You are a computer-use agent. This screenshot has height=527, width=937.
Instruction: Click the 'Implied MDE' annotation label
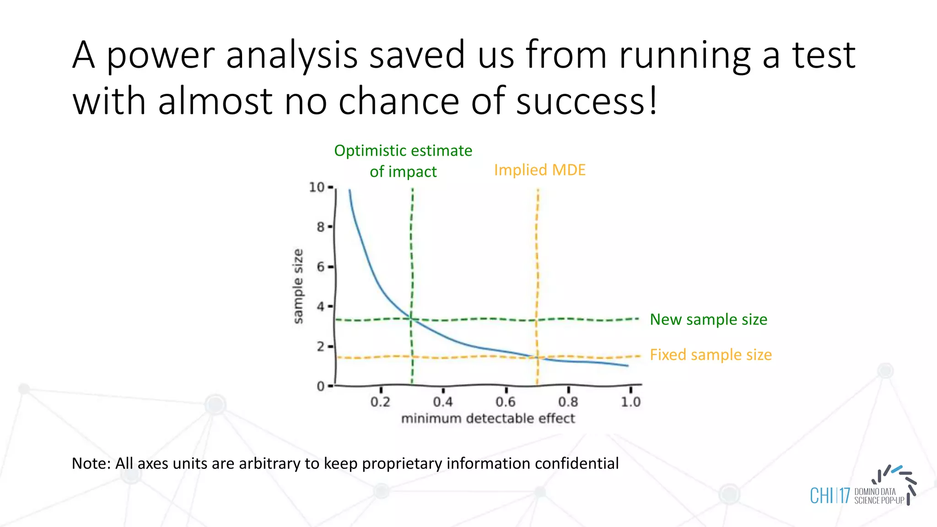coord(539,170)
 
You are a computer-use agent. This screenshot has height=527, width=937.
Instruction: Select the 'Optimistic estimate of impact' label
coord(403,161)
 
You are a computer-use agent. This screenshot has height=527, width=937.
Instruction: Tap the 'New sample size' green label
coord(708,319)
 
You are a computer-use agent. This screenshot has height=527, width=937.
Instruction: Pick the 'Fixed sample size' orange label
coord(711,355)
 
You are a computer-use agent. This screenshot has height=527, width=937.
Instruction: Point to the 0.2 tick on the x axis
coord(380,402)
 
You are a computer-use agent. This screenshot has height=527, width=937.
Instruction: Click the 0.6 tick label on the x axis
coord(506,402)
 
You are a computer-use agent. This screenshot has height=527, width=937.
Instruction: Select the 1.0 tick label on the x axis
coord(630,402)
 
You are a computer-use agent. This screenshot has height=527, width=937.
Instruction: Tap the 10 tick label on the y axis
coord(317,187)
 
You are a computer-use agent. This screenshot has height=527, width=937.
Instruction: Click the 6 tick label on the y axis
coord(321,267)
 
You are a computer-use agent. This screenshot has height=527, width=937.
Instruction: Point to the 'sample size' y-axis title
coord(298,286)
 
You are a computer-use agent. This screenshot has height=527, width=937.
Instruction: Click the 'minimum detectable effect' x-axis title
coord(488,419)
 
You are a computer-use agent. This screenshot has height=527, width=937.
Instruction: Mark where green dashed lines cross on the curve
coord(411,319)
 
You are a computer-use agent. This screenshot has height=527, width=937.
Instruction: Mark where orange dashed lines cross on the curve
coord(537,357)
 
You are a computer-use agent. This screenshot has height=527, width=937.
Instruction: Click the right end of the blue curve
coord(627,366)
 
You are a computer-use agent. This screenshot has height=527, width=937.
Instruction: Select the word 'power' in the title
coord(161,56)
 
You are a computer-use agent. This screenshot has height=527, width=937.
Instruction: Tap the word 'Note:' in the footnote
coord(91,463)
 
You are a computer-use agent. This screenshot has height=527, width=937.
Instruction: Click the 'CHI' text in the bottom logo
coord(822,496)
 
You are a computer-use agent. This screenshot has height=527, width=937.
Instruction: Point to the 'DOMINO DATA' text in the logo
coord(875,492)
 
